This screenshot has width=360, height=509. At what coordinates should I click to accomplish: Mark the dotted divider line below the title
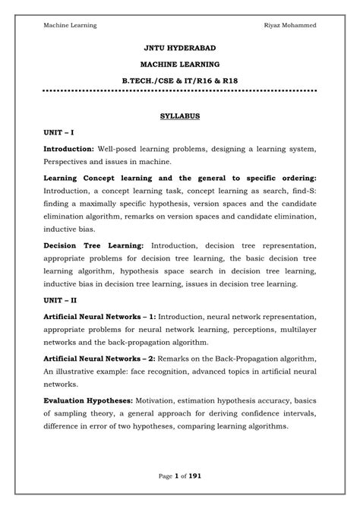[179, 90]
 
